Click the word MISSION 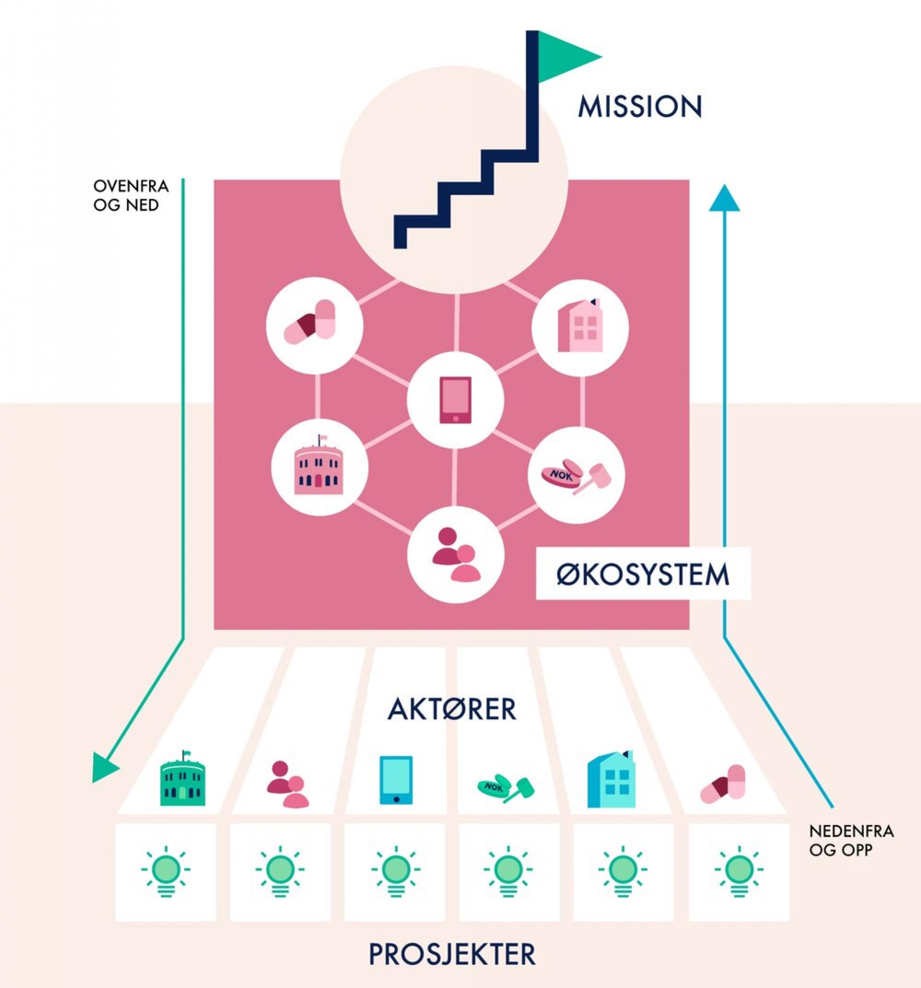click(640, 107)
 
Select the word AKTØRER click(451, 709)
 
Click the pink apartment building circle click(580, 328)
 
